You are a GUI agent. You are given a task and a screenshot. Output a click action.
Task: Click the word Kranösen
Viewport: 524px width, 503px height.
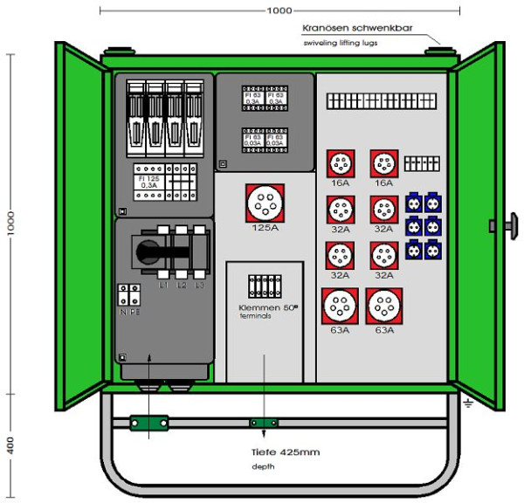pyautogui.click(x=327, y=27)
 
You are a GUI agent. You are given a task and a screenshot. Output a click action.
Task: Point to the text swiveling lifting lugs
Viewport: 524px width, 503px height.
pyautogui.click(x=341, y=41)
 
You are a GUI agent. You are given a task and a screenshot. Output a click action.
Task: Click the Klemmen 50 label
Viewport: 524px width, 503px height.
pyautogui.click(x=264, y=307)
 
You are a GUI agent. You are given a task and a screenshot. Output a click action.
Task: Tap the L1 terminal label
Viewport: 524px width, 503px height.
pyautogui.click(x=162, y=286)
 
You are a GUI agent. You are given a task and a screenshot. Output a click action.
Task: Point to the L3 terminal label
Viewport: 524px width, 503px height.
pyautogui.click(x=200, y=286)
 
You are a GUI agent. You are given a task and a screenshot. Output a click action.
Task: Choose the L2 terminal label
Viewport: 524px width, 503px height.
pyautogui.click(x=182, y=286)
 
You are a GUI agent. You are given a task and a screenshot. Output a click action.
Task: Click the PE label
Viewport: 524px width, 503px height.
pyautogui.click(x=135, y=309)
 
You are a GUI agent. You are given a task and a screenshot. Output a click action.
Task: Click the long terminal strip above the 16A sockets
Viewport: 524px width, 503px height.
pyautogui.click(x=383, y=101)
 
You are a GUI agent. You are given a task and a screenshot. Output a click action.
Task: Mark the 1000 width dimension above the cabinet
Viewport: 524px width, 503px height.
pyautogui.click(x=279, y=10)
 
